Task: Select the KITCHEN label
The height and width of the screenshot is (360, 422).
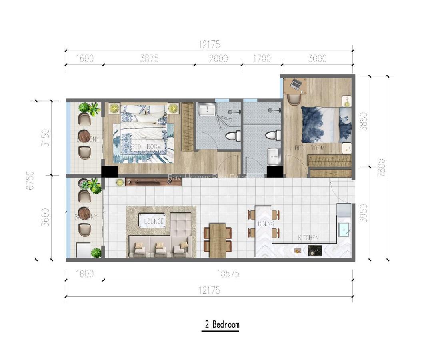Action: [x=308, y=238]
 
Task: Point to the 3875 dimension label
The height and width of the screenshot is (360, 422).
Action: [x=149, y=58]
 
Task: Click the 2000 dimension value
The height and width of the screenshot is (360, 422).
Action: [x=218, y=58]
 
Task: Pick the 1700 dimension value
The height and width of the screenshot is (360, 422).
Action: [x=262, y=58]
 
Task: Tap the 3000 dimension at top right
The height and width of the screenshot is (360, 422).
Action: [x=318, y=58]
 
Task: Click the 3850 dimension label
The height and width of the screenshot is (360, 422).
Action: [x=364, y=121]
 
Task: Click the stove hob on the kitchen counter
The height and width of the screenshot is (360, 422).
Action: [x=313, y=251]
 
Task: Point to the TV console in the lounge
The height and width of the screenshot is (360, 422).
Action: [x=153, y=182]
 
